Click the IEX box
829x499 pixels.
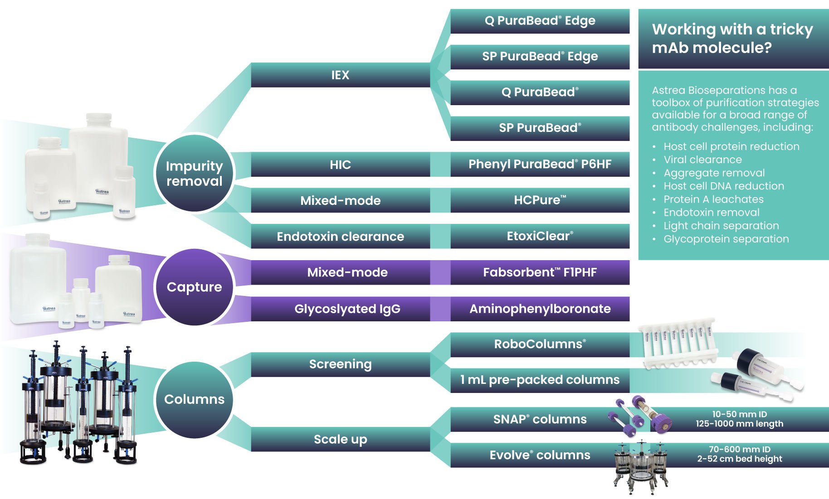[x=340, y=75]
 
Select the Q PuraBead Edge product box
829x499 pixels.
[x=540, y=21]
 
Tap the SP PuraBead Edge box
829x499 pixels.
[x=540, y=57]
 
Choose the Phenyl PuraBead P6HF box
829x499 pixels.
[x=540, y=164]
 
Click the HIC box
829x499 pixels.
[x=340, y=164]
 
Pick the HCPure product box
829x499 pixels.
[x=540, y=200]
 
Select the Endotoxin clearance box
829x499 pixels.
[x=340, y=236]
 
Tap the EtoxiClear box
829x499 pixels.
[x=540, y=236]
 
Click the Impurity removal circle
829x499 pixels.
[x=194, y=173]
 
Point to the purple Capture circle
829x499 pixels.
[x=194, y=287]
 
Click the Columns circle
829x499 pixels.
[x=194, y=399]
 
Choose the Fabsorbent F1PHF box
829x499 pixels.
[x=540, y=272]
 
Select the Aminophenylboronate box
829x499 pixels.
[x=540, y=309]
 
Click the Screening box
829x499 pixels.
[x=340, y=364]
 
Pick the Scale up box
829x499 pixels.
[x=340, y=439]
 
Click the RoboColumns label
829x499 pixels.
[x=540, y=344]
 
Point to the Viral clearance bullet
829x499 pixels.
[x=702, y=160]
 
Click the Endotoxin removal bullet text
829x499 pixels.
[x=712, y=212]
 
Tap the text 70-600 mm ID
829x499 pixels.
[x=739, y=449]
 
